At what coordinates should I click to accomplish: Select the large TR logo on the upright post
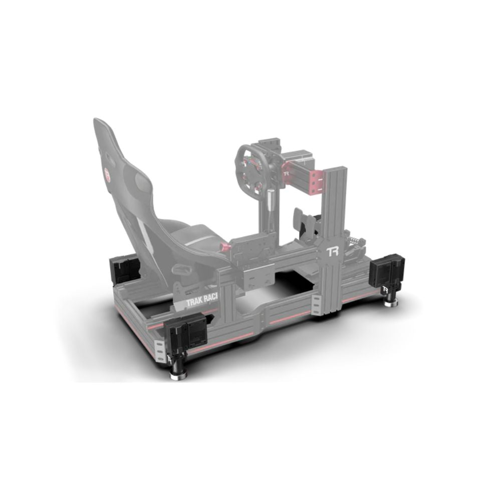click(333, 252)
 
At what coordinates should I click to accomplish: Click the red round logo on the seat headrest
click(106, 174)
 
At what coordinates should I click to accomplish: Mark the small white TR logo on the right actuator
click(386, 290)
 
